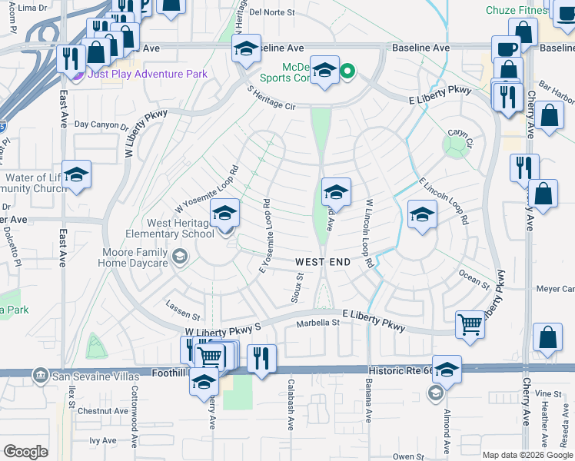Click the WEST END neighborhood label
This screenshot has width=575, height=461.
point(323,262)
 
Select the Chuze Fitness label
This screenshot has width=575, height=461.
point(517,10)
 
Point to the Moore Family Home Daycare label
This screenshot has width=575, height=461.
point(132,257)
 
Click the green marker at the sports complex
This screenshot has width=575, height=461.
point(347,73)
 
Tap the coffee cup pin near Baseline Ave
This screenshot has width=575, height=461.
point(505,48)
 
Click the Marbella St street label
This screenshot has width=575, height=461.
point(318,323)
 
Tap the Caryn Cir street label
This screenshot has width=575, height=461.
point(460,137)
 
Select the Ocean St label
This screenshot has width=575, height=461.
point(474,277)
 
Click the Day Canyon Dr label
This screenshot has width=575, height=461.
point(101,124)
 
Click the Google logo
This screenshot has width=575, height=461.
point(26,452)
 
